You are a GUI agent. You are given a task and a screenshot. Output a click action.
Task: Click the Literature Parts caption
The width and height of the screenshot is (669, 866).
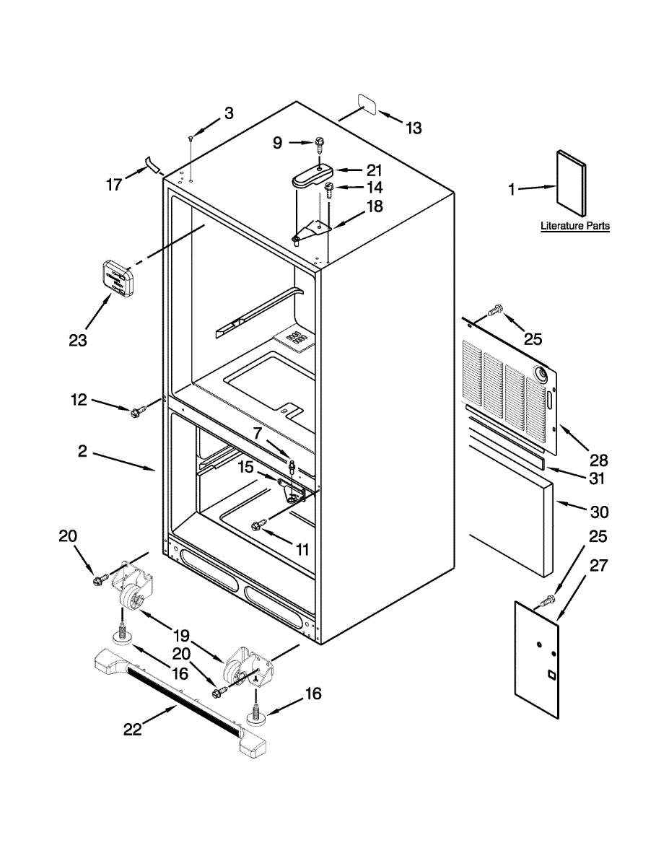point(575,226)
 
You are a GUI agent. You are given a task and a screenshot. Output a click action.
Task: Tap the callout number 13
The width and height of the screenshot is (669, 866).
point(413,128)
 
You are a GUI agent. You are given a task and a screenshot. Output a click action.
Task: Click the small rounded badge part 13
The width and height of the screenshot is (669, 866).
point(367,104)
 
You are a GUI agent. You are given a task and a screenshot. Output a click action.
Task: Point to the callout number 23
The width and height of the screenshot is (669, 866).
point(78,340)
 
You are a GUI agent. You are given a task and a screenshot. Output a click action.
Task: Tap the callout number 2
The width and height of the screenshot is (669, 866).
point(82,451)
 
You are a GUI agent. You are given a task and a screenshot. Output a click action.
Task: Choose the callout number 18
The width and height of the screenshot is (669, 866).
point(375,206)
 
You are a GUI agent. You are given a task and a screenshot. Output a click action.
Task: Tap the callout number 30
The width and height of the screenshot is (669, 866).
point(599,512)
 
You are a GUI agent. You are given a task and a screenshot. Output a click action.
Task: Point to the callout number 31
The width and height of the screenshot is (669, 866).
point(596,478)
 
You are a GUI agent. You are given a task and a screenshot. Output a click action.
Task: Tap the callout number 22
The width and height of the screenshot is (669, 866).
point(132,729)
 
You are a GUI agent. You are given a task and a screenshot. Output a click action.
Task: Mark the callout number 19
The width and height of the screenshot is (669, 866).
point(181,636)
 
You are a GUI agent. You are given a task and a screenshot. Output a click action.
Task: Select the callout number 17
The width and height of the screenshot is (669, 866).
point(114,185)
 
